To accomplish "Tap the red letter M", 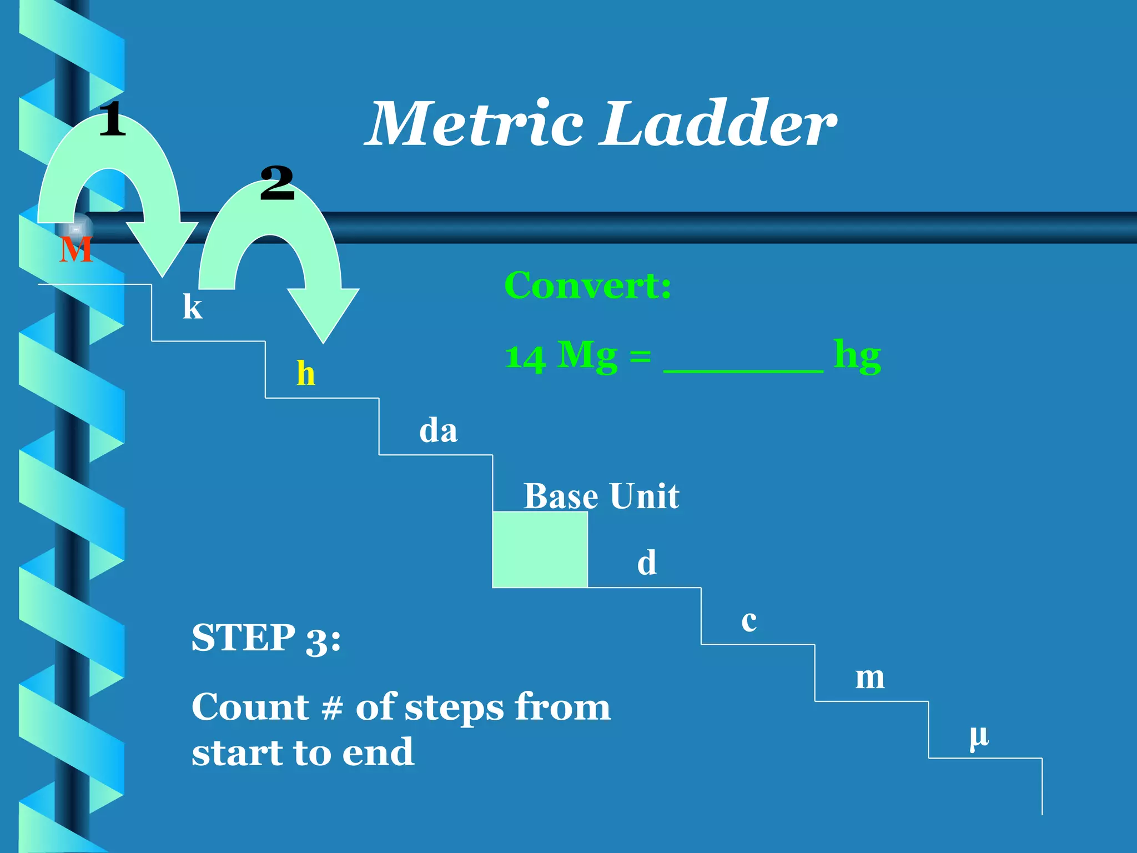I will pyautogui.click(x=76, y=250).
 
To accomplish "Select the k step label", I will pyautogui.click(x=193, y=307).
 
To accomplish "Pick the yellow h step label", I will pyautogui.click(x=306, y=373).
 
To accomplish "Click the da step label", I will pyautogui.click(x=438, y=431).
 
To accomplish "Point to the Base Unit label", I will pyautogui.click(x=601, y=496).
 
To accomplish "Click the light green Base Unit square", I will pyautogui.click(x=540, y=549).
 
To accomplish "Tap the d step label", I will pyautogui.click(x=647, y=563).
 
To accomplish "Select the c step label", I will pyautogui.click(x=749, y=621).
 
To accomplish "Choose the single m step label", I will pyautogui.click(x=869, y=678).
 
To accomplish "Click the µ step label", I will pyautogui.click(x=979, y=736).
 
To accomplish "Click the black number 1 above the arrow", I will pyautogui.click(x=113, y=119).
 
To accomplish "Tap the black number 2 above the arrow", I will pyautogui.click(x=277, y=183).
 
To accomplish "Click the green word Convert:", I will pyautogui.click(x=588, y=285).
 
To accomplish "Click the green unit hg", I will pyautogui.click(x=857, y=357).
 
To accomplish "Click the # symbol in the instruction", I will pyautogui.click(x=332, y=709).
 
